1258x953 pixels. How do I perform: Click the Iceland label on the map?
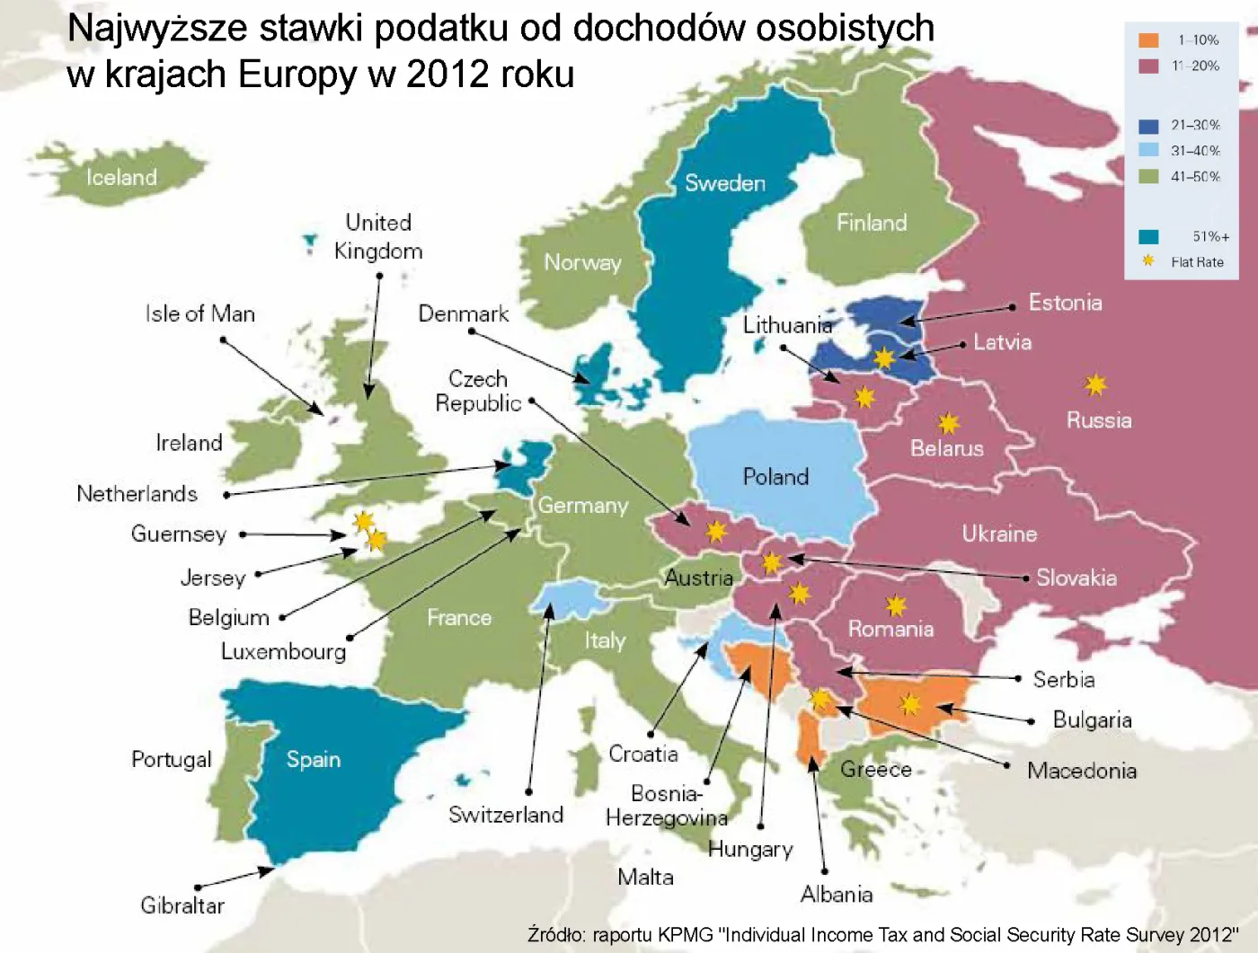coord(121,177)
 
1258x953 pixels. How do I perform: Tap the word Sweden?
coord(724,183)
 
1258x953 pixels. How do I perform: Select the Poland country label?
coord(775,477)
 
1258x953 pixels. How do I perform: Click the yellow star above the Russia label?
coord(1095,385)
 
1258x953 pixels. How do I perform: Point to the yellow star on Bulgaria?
coord(910,704)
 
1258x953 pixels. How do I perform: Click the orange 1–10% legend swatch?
coord(1148,40)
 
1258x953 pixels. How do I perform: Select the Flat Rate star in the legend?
coord(1147,261)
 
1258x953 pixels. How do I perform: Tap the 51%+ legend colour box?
coord(1148,237)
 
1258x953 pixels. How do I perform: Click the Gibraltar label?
coord(182,905)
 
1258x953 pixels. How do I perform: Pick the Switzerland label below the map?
coord(506,815)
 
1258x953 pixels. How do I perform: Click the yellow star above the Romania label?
coord(896,605)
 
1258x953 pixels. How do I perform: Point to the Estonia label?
coord(1065,303)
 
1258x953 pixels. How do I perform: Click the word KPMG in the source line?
coord(686,935)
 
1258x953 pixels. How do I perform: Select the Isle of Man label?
coord(200,313)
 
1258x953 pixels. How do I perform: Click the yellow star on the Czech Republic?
coord(716,532)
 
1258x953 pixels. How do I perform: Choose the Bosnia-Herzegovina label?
coord(666,806)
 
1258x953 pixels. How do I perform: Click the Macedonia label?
coord(1082,771)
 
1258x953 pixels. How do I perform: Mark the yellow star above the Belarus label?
coord(948,423)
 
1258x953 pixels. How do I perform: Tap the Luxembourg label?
coord(283,651)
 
